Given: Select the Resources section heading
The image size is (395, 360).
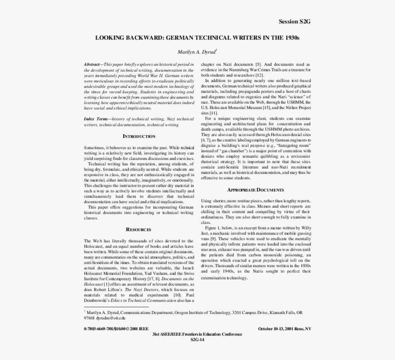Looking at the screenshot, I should point(139,229).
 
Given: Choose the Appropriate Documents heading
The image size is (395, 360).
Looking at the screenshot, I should point(256,190).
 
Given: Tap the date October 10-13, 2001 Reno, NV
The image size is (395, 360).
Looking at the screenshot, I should point(284,329).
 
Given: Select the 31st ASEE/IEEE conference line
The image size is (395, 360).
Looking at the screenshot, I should point(197,334).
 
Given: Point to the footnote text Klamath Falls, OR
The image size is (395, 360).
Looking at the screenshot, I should point(284,313).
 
